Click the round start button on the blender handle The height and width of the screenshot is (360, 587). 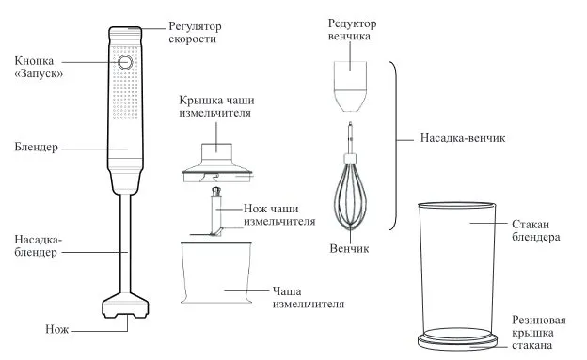(x=125, y=62)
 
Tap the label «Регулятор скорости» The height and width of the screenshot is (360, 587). (x=195, y=33)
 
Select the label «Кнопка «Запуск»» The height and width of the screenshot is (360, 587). (x=39, y=67)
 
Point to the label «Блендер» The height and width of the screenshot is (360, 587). (x=37, y=147)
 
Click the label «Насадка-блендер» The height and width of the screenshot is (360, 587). (x=39, y=245)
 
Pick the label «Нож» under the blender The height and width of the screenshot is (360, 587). (x=56, y=329)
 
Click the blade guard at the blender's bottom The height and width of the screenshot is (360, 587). (x=125, y=305)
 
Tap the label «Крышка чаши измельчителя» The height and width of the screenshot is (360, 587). (x=216, y=106)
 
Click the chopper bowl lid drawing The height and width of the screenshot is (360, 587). (x=216, y=164)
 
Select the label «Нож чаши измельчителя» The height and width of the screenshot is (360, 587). (x=279, y=215)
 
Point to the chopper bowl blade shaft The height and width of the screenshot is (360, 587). (x=216, y=212)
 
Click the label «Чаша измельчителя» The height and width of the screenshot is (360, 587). (x=308, y=297)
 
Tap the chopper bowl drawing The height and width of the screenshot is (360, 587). (x=216, y=272)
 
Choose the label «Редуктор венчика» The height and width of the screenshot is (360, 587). (x=352, y=29)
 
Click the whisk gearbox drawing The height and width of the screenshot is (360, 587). (x=350, y=86)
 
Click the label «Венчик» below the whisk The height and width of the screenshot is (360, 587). (x=349, y=248)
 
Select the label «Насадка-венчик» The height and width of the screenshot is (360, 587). (x=463, y=138)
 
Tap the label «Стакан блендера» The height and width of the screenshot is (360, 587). (x=535, y=230)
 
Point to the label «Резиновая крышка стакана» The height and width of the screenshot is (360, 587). (x=539, y=333)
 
